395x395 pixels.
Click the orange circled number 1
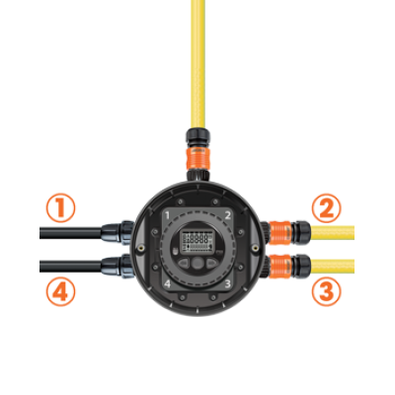pyautogui.click(x=60, y=208)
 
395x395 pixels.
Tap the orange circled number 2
pyautogui.click(x=326, y=208)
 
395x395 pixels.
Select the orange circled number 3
pyautogui.click(x=326, y=291)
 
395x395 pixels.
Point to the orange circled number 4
pyautogui.click(x=60, y=291)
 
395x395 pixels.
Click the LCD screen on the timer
pyautogui.click(x=197, y=242)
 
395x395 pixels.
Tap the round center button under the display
pyautogui.click(x=197, y=263)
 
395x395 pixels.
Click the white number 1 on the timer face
pyautogui.click(x=167, y=215)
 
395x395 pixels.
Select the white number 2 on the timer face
pyautogui.click(x=227, y=215)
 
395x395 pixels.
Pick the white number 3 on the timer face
pyautogui.click(x=227, y=283)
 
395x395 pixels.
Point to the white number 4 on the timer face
pyautogui.click(x=168, y=283)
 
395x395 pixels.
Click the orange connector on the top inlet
pyautogui.click(x=197, y=158)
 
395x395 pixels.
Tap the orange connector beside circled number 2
pyautogui.click(x=280, y=233)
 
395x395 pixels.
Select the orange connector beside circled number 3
pyautogui.click(x=280, y=266)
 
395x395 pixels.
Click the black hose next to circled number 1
pyautogui.click(x=70, y=233)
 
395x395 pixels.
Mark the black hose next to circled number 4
pyautogui.click(x=70, y=267)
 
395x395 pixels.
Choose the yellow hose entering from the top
pyautogui.click(x=197, y=64)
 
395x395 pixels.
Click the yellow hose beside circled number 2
pyautogui.click(x=333, y=233)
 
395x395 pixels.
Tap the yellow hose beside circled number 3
pyautogui.click(x=333, y=267)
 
